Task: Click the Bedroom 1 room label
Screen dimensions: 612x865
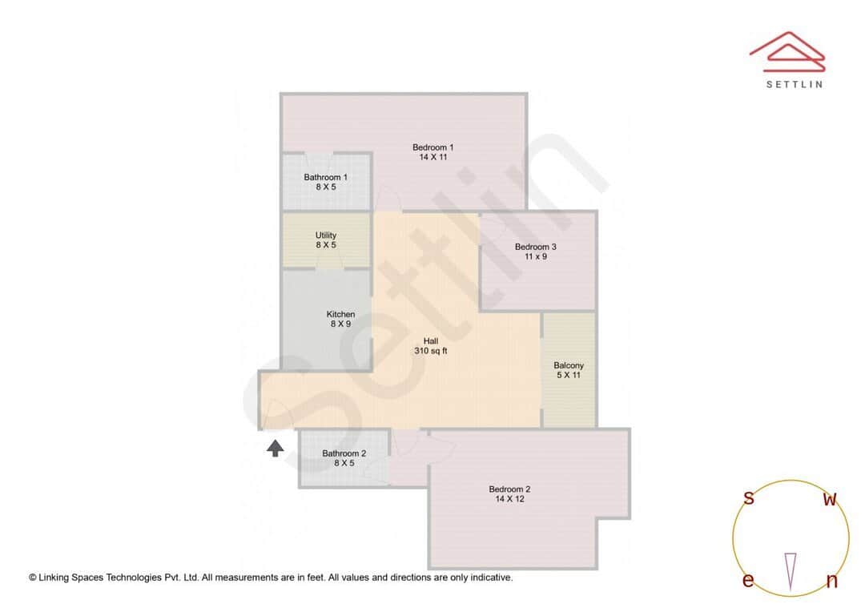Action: pos(433,147)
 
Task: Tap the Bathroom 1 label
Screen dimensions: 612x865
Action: pos(325,177)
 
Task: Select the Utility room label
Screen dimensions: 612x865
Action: pos(325,236)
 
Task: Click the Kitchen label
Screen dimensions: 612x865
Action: pos(340,314)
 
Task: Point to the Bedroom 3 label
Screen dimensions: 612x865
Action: pos(535,247)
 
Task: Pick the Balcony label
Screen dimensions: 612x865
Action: pos(569,365)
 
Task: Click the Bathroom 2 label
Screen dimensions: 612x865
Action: pos(344,453)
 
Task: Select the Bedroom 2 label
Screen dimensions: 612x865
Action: pos(509,489)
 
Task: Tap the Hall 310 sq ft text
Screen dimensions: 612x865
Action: pos(430,346)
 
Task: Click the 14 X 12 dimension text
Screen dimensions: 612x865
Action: pos(509,499)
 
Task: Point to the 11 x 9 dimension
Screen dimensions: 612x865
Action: pos(535,257)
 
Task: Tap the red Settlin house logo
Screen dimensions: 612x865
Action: pos(787,50)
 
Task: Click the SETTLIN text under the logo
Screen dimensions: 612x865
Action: pos(794,84)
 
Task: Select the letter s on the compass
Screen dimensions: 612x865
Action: pos(749,498)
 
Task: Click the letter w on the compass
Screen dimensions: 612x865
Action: pos(831,500)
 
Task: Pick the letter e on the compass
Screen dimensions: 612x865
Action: pos(748,581)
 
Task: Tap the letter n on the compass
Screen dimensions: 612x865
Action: pos(831,582)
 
